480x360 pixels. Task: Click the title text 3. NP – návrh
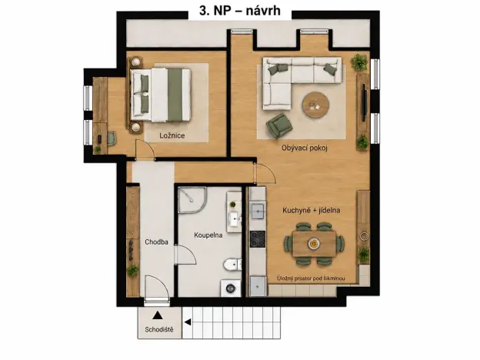tap(240, 11)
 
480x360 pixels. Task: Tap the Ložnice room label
tap(172, 135)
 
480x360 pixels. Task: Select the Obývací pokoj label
tap(305, 148)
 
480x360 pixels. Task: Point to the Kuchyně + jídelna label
tap(312, 210)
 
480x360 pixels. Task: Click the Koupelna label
tap(208, 235)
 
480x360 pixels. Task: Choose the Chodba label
tap(156, 242)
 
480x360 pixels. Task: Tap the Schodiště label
tap(159, 329)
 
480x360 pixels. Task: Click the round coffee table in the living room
tap(315, 105)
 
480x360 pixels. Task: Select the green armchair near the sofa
tap(278, 125)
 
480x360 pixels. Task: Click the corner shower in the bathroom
tap(192, 200)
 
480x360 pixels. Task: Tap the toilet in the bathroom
tap(232, 265)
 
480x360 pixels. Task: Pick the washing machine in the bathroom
tap(231, 288)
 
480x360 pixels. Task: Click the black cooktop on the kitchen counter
tap(258, 239)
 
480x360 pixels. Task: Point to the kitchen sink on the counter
tap(258, 211)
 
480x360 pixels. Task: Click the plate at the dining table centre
tap(314, 243)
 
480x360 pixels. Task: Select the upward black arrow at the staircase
tap(158, 315)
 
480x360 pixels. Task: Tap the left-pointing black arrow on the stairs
tap(188, 322)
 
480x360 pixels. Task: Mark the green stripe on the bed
tap(175, 95)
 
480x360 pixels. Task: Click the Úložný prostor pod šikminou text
tap(311, 278)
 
